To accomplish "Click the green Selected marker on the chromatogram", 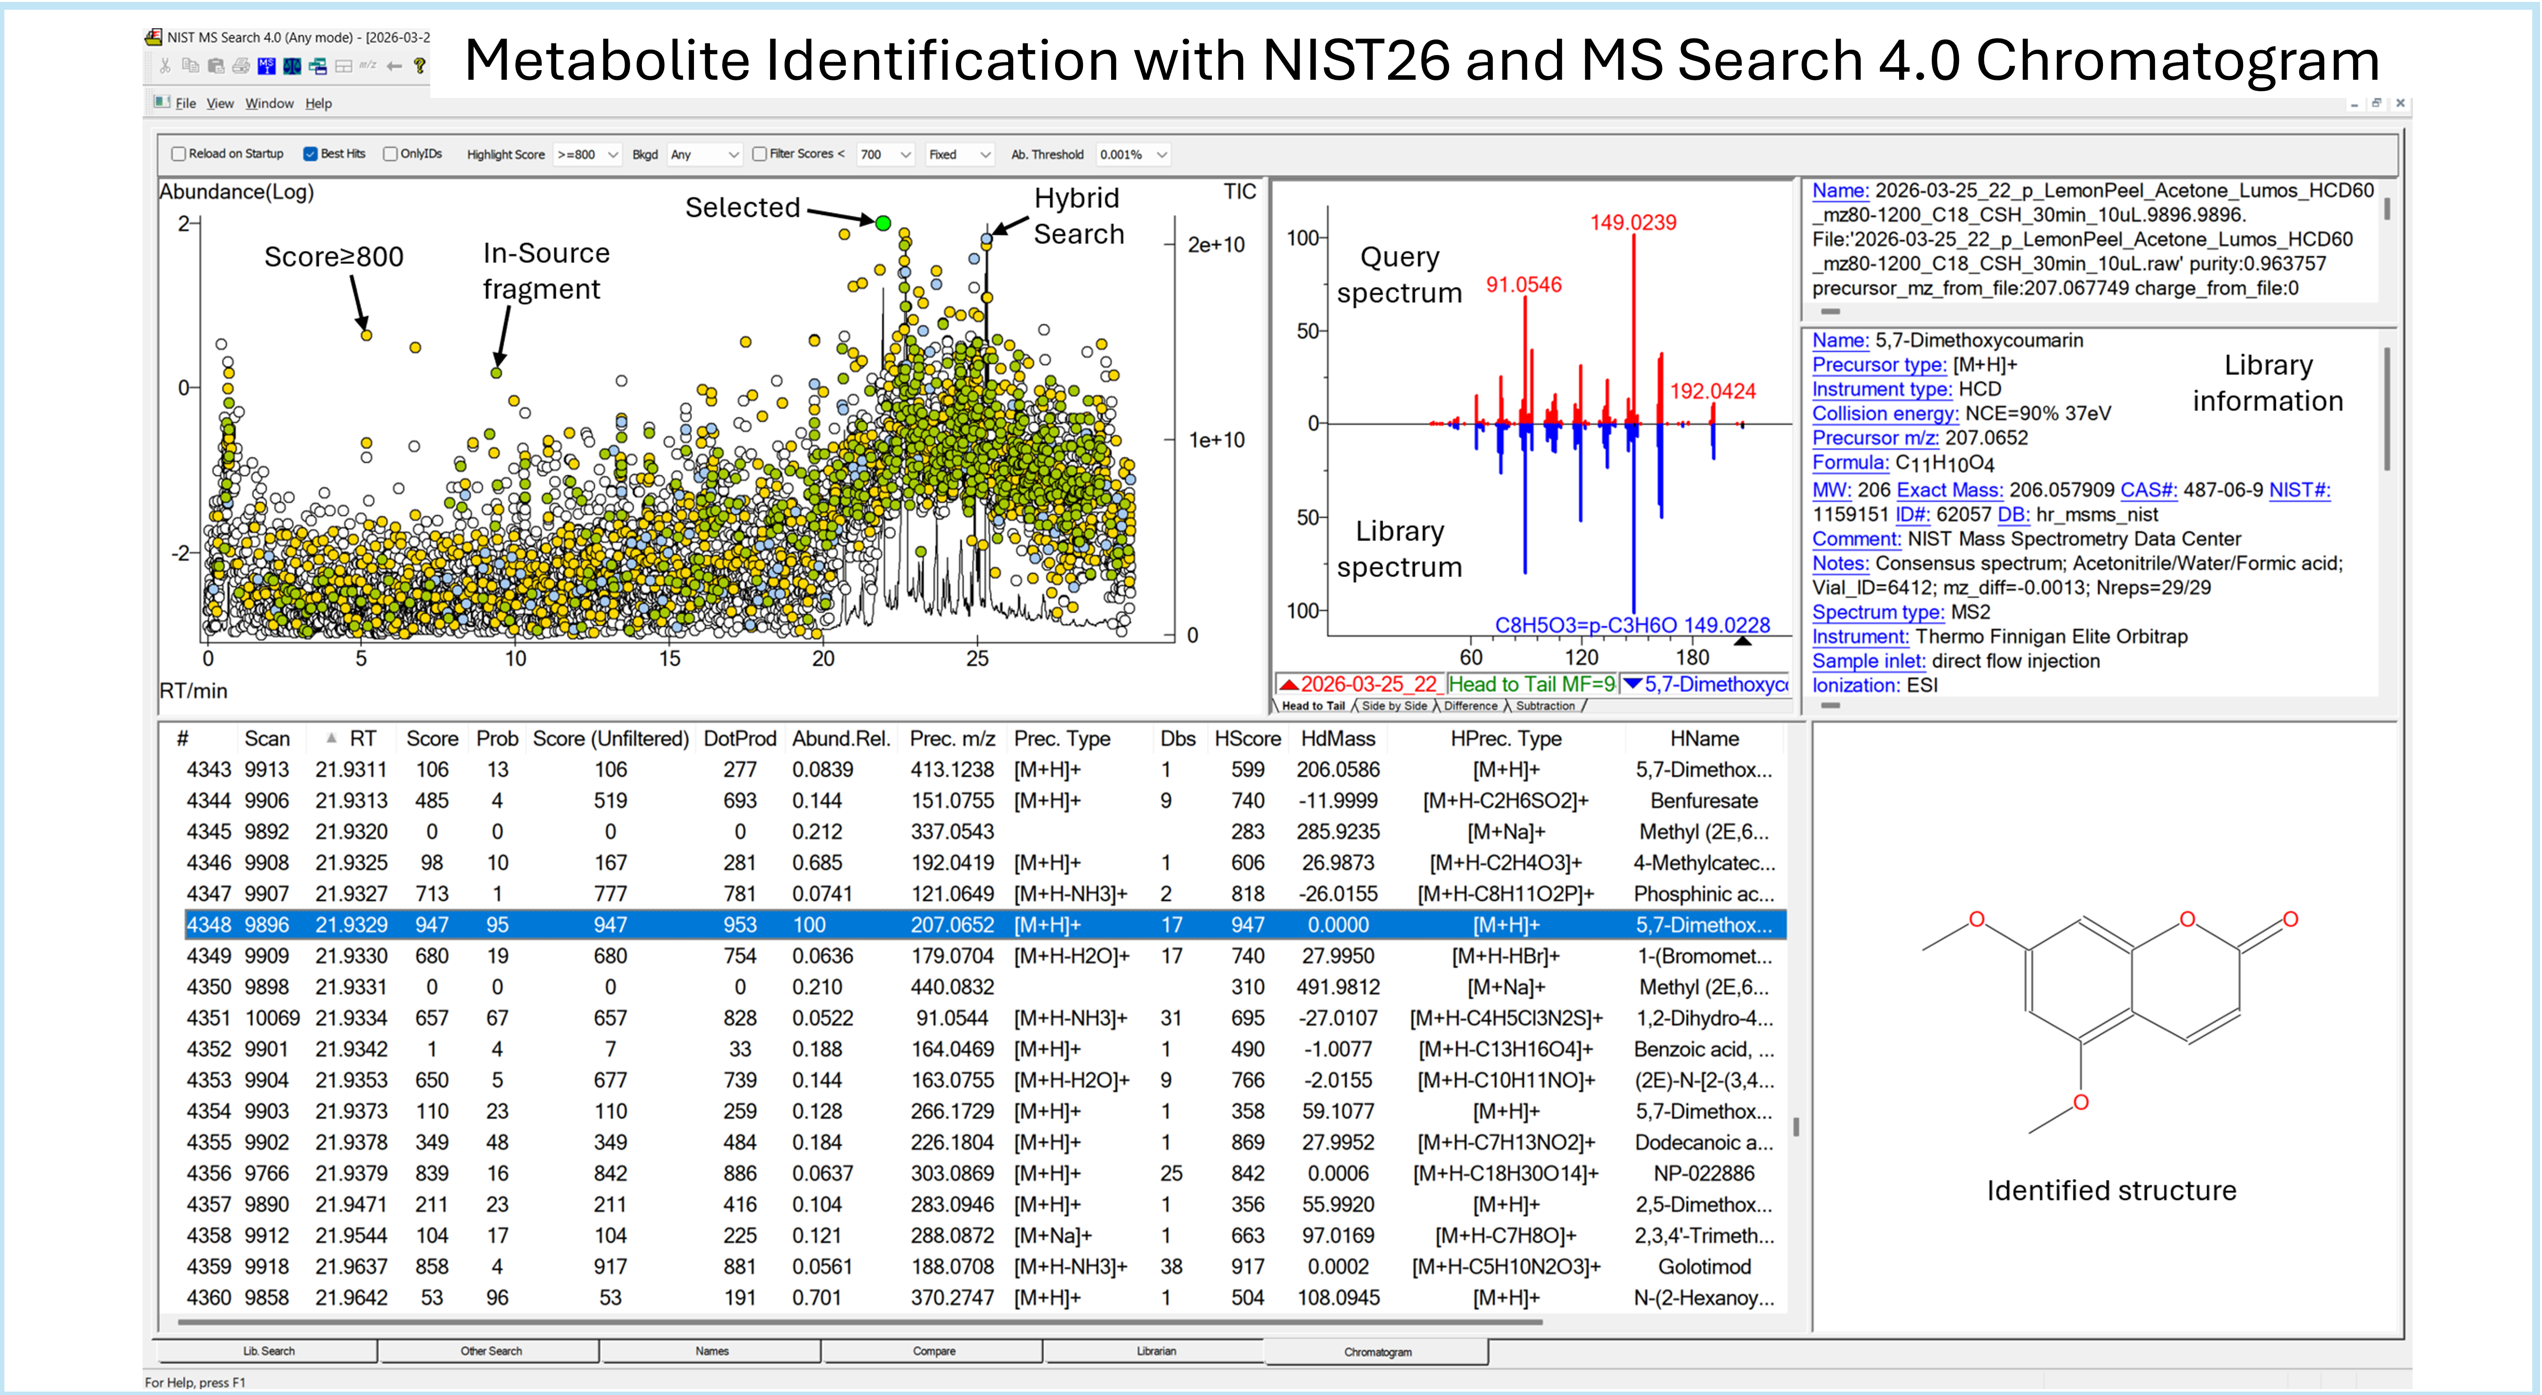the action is point(883,223).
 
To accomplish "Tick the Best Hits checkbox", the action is point(310,154).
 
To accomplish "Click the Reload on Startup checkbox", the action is point(179,154).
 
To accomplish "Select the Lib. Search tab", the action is point(268,1351).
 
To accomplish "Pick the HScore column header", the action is point(1247,738).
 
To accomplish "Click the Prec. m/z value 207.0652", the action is point(951,925).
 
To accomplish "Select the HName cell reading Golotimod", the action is point(1704,1267).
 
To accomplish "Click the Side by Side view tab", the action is point(1394,706).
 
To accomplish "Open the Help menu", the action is point(318,104).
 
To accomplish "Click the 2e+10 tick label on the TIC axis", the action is point(1216,245).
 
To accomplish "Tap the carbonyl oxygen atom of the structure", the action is point(2290,919).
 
